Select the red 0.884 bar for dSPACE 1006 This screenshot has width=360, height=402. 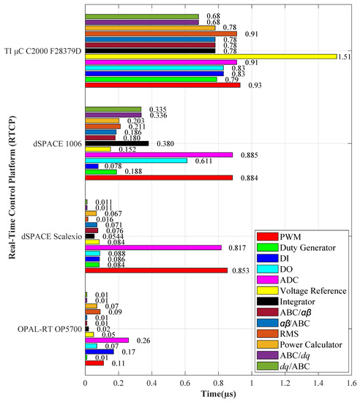tap(159, 178)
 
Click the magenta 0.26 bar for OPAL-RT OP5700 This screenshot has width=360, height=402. tap(107, 340)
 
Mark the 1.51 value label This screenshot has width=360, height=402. tap(345, 56)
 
